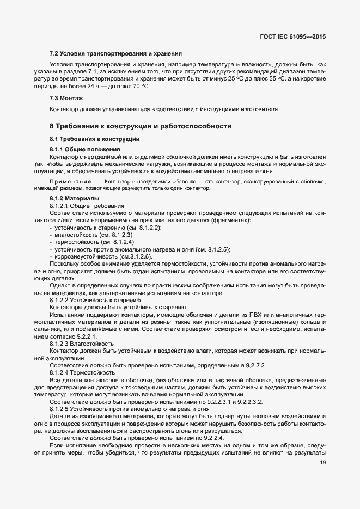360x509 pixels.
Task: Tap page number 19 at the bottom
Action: tap(323, 463)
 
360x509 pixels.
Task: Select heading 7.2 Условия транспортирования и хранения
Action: tap(115, 54)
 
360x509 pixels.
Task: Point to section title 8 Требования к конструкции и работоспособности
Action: tap(141, 126)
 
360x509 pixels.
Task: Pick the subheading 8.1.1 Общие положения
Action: tap(84, 149)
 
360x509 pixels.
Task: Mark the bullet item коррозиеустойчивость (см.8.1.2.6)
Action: tap(103, 256)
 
